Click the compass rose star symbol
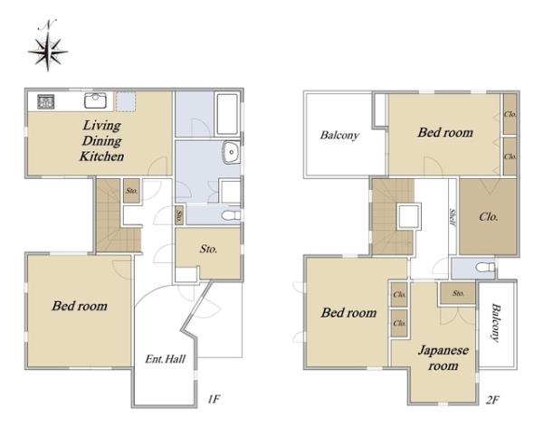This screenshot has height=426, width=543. coord(48,52)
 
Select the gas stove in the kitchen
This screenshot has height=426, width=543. coord(46,101)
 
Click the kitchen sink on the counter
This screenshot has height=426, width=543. coord(95,100)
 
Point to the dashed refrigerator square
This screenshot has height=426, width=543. coord(126,101)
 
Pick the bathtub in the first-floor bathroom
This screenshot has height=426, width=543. coord(227,114)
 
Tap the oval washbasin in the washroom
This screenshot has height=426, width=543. coord(230,152)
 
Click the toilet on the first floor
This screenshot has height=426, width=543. coord(231,215)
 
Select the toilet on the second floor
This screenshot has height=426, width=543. coord(485,267)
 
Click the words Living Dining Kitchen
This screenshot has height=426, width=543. coord(101,140)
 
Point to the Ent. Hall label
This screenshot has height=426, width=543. coord(166,359)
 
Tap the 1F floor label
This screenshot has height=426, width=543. coord(214,400)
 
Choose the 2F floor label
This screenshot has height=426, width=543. coord(492,401)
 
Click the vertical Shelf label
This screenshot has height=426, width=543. coord(452,217)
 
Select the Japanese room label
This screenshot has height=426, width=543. coord(443,358)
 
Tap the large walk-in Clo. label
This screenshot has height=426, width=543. coord(489,217)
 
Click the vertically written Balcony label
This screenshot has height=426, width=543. coord(496,323)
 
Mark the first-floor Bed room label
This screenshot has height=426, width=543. coord(80,306)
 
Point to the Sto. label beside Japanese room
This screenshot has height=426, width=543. coord(458,293)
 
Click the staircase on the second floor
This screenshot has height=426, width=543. coord(392,216)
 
